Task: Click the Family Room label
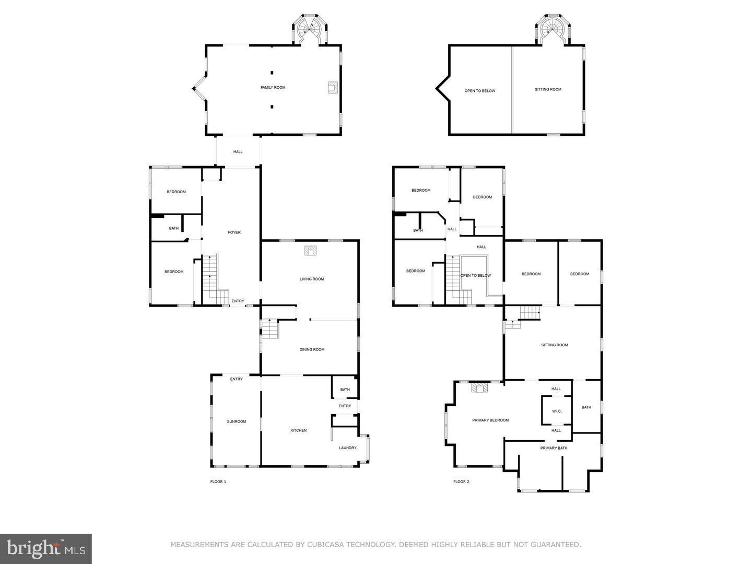coord(273,88)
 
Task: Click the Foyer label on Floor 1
coord(234,232)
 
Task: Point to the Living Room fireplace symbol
coord(310,251)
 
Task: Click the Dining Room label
coord(312,350)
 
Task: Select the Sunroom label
coord(236,421)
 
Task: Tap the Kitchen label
coord(298,430)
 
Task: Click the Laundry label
coord(347,448)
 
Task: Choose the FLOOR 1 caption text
coord(214,481)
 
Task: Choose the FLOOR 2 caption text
coord(461,481)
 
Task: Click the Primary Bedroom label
coord(490,420)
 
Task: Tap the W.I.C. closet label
coord(557,412)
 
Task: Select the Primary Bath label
coord(554,448)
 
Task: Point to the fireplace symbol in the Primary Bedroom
coord(480,388)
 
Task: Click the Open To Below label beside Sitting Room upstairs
coord(479,91)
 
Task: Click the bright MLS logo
coord(46,548)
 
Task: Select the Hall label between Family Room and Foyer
coord(238,152)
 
